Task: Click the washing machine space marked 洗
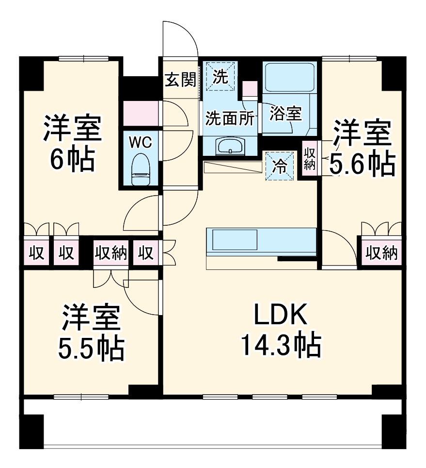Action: tap(221, 76)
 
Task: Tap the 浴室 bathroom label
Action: tap(286, 114)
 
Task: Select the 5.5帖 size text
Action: tap(90, 347)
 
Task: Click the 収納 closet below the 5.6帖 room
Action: tap(381, 252)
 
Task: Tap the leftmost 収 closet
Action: tap(35, 252)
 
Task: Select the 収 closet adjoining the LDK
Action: tap(146, 252)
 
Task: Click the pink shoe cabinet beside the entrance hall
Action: tap(140, 114)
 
